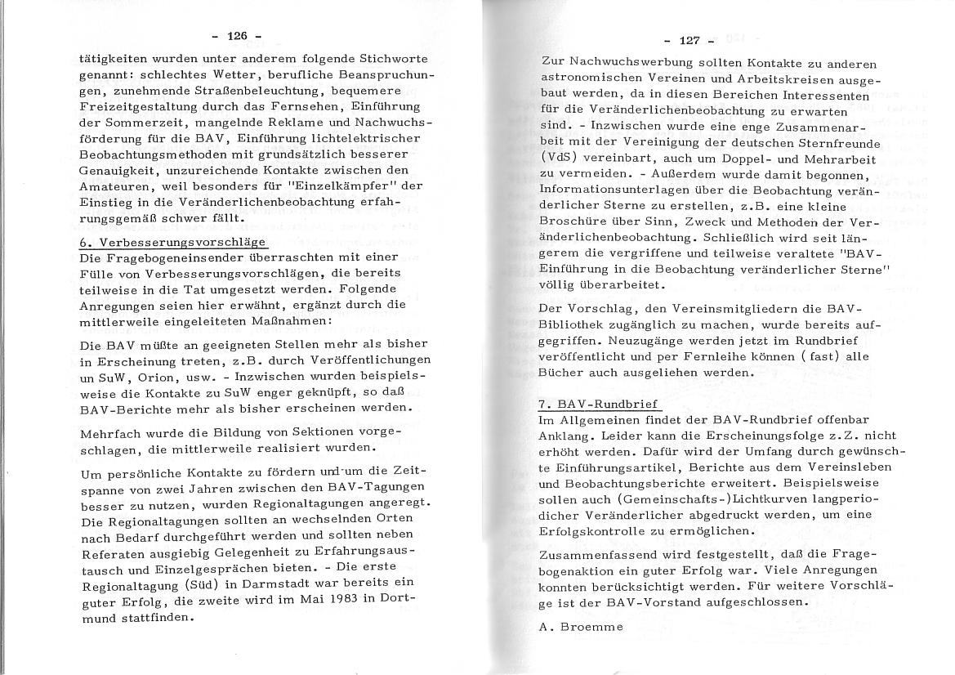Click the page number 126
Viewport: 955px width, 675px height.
tap(236, 36)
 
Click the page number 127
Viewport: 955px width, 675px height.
tap(689, 40)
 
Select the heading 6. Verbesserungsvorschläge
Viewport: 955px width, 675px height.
tap(173, 243)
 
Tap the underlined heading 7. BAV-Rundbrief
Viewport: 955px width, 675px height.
tap(600, 405)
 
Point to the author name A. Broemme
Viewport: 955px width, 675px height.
tap(581, 628)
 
